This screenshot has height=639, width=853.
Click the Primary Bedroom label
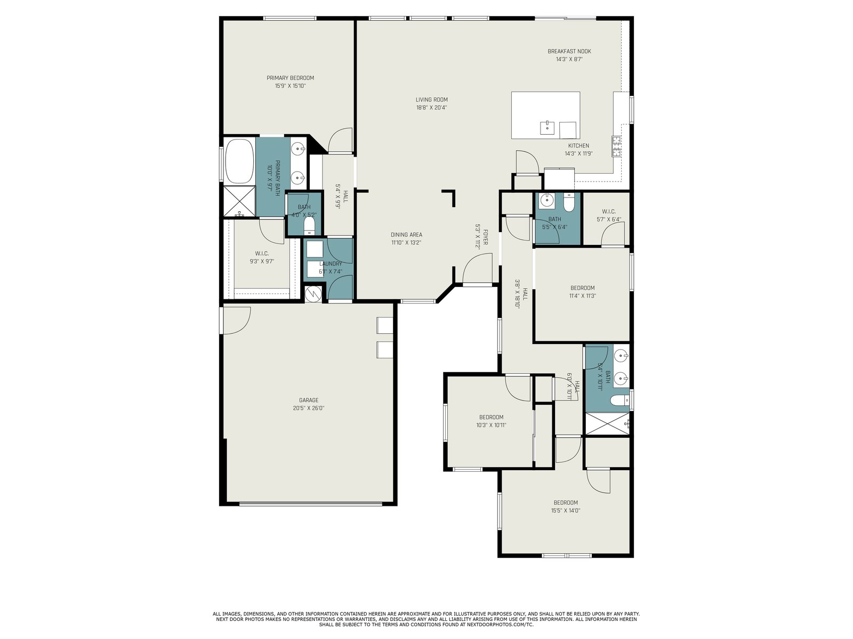290,78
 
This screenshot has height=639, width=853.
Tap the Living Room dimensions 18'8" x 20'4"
431,108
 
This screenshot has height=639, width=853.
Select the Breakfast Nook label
569,51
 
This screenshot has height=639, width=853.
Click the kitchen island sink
547,127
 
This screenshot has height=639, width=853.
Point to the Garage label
309,400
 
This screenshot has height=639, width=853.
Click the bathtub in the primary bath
240,161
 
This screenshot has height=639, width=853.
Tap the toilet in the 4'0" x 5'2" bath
309,226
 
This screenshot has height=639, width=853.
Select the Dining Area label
406,235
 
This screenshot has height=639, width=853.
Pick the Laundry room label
331,264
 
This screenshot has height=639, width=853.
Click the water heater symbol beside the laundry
313,294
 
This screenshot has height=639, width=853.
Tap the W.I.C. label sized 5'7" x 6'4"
609,211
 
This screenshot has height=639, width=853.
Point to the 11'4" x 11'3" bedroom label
582,288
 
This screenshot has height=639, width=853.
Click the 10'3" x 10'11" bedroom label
491,417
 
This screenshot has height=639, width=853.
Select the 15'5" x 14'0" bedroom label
566,503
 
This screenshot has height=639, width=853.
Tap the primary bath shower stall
239,201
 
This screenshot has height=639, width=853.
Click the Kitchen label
578,145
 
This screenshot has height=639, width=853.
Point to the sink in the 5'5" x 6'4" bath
547,200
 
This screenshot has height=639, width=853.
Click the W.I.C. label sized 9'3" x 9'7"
262,253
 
